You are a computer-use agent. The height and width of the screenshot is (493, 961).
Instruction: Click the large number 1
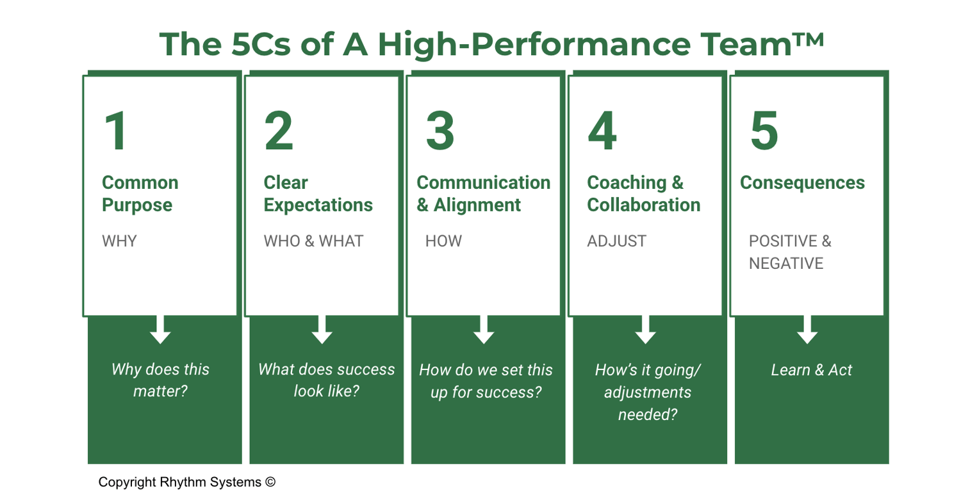(x=117, y=131)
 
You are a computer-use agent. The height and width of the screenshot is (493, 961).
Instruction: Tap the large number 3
(x=440, y=131)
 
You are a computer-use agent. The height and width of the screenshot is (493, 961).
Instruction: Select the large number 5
(x=764, y=131)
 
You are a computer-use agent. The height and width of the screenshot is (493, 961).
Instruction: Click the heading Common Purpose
(x=140, y=193)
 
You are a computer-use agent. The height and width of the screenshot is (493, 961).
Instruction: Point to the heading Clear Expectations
(x=318, y=193)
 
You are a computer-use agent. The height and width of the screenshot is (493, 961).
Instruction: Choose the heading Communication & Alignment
(x=483, y=193)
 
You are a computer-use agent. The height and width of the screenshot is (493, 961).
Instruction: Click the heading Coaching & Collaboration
(x=643, y=193)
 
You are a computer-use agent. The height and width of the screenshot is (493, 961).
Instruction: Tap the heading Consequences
(x=802, y=182)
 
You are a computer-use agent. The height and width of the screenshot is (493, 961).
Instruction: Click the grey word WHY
(x=119, y=241)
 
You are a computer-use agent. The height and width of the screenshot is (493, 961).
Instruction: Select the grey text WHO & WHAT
(x=313, y=241)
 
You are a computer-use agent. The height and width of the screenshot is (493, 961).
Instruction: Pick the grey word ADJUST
(x=616, y=241)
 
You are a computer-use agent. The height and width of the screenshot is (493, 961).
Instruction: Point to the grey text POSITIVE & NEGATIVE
(x=790, y=252)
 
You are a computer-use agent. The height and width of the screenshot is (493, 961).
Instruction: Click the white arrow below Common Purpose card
(x=160, y=329)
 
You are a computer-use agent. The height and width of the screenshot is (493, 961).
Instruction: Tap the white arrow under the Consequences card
(x=807, y=329)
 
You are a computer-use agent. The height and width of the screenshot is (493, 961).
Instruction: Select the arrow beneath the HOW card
(x=484, y=329)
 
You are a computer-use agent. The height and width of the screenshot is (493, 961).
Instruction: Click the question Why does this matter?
(x=160, y=380)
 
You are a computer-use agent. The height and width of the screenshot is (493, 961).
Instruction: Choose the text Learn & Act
(x=811, y=370)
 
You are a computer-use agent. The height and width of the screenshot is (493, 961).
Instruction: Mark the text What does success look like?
(x=326, y=380)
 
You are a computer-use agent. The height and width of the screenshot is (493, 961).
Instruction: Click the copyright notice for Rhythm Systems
(x=186, y=482)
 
